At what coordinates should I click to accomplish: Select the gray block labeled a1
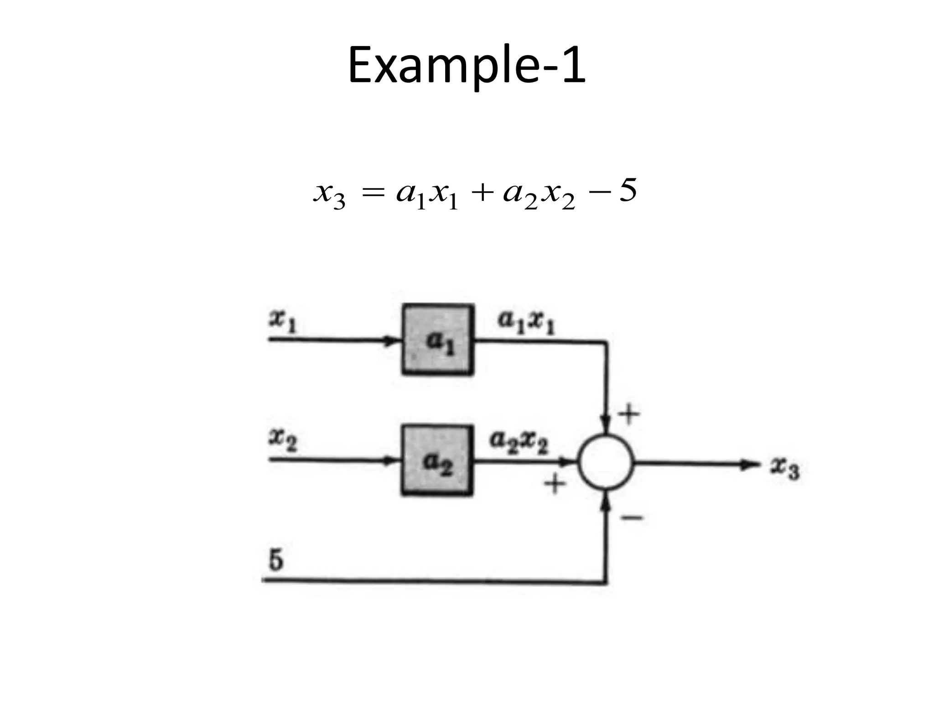point(437,340)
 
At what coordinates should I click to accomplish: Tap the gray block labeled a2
point(436,460)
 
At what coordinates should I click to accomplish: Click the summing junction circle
point(606,463)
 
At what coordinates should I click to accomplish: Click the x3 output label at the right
point(785,469)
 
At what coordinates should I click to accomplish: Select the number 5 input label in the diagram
point(276,560)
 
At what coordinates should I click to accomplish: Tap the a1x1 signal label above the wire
point(526,322)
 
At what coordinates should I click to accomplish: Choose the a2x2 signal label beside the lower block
point(519,442)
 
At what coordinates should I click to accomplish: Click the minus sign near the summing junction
point(632,518)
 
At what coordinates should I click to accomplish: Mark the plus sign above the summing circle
point(629,414)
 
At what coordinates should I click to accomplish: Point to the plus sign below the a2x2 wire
point(555,484)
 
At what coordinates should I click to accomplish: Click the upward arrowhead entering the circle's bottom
point(606,501)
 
